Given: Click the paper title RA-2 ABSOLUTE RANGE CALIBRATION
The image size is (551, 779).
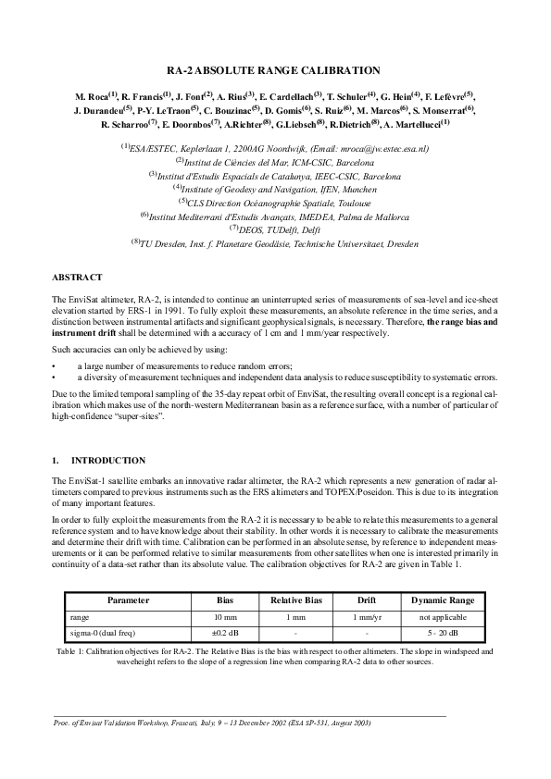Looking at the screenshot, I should pyautogui.click(x=275, y=70).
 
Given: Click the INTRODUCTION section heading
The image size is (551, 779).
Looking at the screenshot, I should pyautogui.click(x=108, y=460).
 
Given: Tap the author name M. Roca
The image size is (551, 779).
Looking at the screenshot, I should pyautogui.click(x=95, y=96).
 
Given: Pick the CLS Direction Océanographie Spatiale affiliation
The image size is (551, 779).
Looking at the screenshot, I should pyautogui.click(x=275, y=203).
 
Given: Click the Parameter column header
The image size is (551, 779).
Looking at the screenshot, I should pyautogui.click(x=128, y=600).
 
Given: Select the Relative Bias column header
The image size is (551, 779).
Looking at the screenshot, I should pyautogui.click(x=294, y=600).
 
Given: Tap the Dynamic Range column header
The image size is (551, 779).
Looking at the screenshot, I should pyautogui.click(x=443, y=600).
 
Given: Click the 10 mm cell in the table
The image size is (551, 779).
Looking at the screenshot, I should pyautogui.click(x=225, y=617).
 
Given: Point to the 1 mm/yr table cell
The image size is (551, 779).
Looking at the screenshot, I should pyautogui.click(x=368, y=617).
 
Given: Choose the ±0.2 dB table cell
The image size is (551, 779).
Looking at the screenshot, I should pyautogui.click(x=225, y=633).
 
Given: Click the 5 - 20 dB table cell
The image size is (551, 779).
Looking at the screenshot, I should pyautogui.click(x=443, y=633).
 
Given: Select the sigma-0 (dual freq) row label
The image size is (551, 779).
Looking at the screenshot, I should pyautogui.click(x=102, y=633).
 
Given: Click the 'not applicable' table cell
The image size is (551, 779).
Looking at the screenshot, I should pyautogui.click(x=443, y=617).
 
